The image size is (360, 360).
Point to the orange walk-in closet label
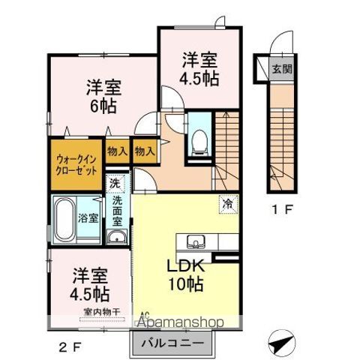[x=76, y=164]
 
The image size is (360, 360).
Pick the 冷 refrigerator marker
[x=226, y=202]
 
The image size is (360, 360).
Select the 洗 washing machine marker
[x=115, y=183]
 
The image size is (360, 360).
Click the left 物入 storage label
[x=115, y=151]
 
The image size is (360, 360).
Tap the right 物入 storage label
[x=144, y=151]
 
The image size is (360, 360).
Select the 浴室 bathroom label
[x=88, y=219]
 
